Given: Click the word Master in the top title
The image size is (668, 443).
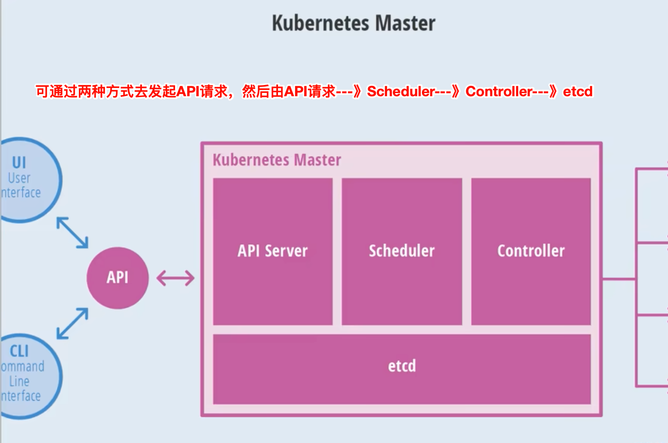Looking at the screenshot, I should pos(405,23).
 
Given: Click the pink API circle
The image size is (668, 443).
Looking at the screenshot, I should pos(117,278).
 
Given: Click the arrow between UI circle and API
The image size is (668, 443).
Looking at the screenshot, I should pos(73,232).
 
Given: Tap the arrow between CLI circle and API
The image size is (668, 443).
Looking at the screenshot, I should pos(73,324).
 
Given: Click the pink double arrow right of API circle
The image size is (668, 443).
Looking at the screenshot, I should pos(176,278).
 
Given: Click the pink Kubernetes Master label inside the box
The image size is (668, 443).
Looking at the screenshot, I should pos(277,160).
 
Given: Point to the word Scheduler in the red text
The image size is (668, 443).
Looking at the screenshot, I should pos(401,91).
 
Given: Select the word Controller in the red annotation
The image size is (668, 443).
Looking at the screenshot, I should pos(499,91).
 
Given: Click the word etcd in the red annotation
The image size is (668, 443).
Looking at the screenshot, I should pos(578,91).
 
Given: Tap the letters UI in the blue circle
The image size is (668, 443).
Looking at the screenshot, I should pos(19,162).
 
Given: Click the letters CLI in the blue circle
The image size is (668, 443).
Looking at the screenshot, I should pos(19,351).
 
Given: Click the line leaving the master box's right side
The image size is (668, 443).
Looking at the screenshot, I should pos(618,279).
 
